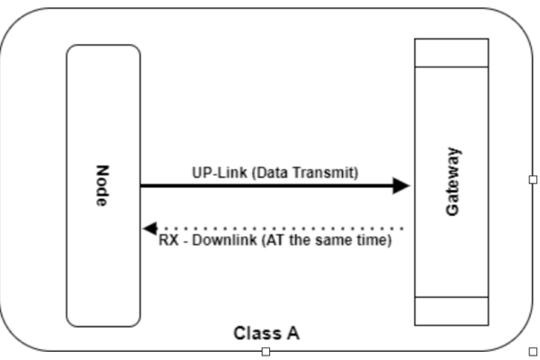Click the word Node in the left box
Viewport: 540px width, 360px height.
(x=102, y=185)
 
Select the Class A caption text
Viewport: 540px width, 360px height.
(x=266, y=334)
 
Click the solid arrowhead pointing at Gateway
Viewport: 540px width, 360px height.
(x=400, y=186)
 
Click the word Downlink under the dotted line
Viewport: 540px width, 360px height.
(x=220, y=241)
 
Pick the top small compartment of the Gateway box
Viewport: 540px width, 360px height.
(x=451, y=52)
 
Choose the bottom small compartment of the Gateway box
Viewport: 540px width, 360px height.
(x=451, y=310)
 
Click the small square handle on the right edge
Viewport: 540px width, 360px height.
(x=533, y=179)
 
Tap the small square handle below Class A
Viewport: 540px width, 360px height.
(x=265, y=351)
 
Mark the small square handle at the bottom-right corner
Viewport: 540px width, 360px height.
(x=533, y=351)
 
